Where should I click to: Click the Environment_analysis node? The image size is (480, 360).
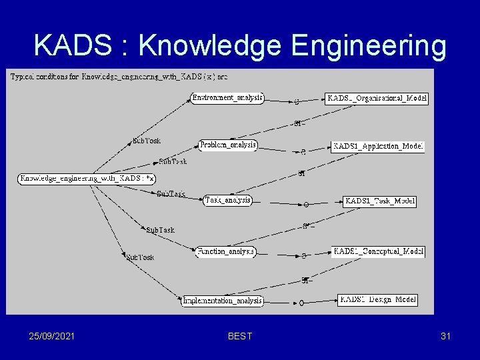click(227, 98)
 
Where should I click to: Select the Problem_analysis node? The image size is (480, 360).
click(228, 145)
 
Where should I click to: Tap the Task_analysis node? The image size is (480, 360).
click(228, 199)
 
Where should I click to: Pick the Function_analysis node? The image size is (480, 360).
click(226, 252)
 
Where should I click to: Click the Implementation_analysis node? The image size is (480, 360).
click(223, 301)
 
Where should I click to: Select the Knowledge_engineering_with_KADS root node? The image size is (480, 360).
click(87, 178)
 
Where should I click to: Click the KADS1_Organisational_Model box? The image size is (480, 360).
click(377, 99)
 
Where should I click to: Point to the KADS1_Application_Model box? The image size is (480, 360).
click(377, 146)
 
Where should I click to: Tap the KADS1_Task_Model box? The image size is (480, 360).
click(379, 201)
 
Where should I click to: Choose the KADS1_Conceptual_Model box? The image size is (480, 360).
click(378, 252)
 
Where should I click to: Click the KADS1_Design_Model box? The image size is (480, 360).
click(377, 300)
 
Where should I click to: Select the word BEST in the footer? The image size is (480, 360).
click(240, 336)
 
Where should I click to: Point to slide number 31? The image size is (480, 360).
click(445, 336)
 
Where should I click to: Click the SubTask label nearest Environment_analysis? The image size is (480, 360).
click(146, 141)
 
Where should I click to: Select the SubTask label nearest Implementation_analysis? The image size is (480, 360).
click(140, 257)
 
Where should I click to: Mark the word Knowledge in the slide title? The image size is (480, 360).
click(210, 45)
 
